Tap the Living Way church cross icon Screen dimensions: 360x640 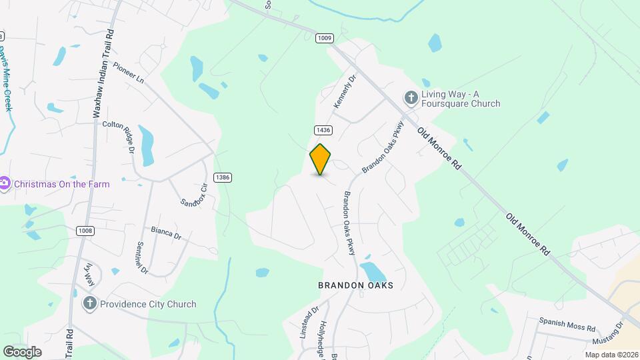click(x=411, y=99)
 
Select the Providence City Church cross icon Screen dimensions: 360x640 click(x=90, y=304)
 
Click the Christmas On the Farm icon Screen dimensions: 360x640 click(x=5, y=183)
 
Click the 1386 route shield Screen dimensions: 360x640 click(x=223, y=177)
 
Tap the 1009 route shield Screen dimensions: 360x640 click(x=325, y=38)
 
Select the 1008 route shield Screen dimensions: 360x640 click(x=85, y=231)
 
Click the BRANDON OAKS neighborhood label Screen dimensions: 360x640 click(x=355, y=285)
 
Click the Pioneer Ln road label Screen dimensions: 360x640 click(x=129, y=73)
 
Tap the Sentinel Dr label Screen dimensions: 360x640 click(x=141, y=258)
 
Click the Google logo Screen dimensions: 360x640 click(x=22, y=351)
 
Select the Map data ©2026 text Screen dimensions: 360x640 click(x=611, y=355)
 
